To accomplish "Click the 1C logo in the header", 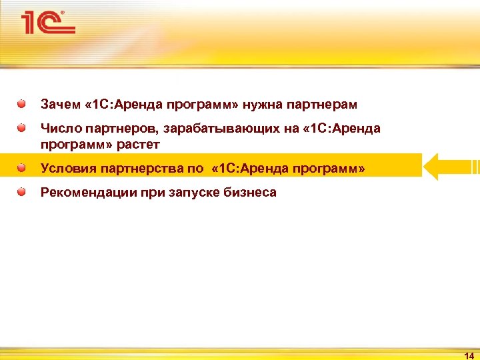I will pos(47,23).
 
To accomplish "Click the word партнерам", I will pos(323,105).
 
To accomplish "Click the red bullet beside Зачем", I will pos(22,104).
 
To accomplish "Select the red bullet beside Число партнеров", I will pos(22,127).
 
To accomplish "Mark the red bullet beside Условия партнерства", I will pos(22,167).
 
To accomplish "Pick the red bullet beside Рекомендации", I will pos(22,192).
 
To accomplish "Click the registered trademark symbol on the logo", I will pos(63,13).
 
